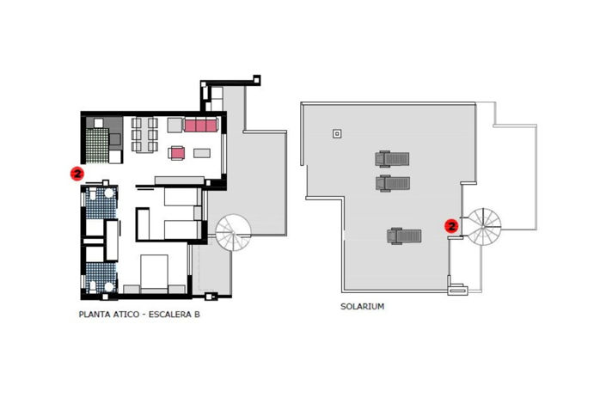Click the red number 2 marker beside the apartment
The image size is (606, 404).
click(77, 173)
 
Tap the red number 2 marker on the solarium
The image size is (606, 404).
click(451, 226)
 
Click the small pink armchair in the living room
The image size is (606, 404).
click(177, 153)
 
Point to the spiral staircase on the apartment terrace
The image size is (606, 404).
click(233, 232)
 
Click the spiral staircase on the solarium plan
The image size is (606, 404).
click(481, 227)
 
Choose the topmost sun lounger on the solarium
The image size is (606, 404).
click(392, 158)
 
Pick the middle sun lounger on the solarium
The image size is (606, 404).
click(392, 182)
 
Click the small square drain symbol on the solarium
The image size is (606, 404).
click(337, 133)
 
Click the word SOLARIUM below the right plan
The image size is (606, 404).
click(362, 306)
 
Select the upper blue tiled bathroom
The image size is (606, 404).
click(101, 203)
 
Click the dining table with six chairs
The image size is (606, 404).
click(145, 135)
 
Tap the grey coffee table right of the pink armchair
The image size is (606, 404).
click(202, 153)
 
